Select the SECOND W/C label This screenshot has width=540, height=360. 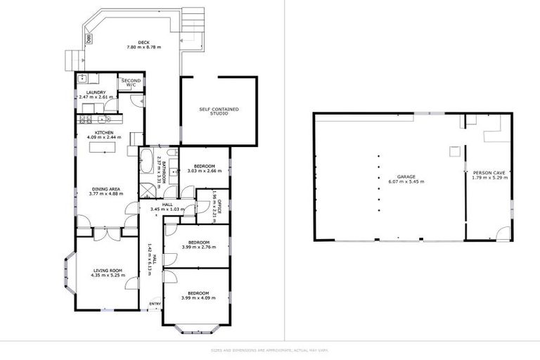tap(131, 82)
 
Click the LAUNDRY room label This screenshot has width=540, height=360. tap(96, 93)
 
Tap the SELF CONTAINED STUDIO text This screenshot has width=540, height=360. tap(219, 111)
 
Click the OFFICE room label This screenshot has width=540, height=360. tap(219, 206)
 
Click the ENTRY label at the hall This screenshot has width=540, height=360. tap(155, 304)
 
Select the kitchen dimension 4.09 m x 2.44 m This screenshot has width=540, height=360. tap(104, 137)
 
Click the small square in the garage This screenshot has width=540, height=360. tap(454, 150)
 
